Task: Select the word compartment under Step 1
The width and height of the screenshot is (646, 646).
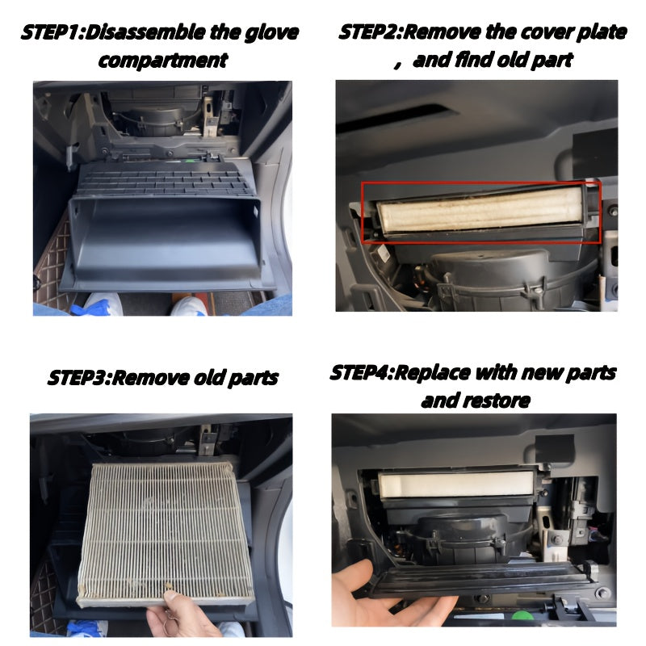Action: [163, 61]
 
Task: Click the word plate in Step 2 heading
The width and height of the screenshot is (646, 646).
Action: [601, 32]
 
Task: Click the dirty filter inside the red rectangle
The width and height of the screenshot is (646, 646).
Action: [480, 209]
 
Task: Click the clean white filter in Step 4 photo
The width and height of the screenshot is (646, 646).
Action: [456, 484]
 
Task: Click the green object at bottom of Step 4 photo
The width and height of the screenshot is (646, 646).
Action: [522, 617]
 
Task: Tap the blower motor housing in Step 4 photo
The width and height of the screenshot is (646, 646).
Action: [461, 539]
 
